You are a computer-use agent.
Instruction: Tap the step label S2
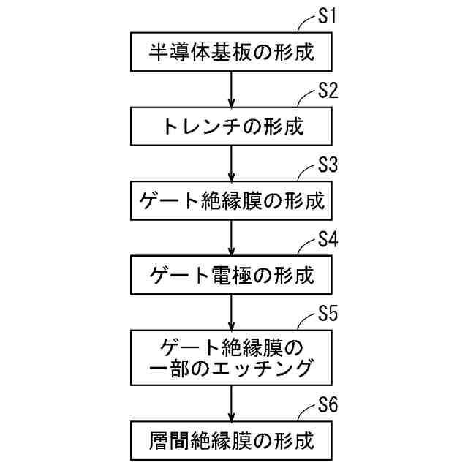pyautogui.click(x=328, y=91)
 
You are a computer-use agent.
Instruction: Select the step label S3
pyautogui.click(x=328, y=165)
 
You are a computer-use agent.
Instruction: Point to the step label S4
pyautogui.click(x=328, y=240)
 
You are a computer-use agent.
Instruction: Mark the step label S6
pyautogui.click(x=328, y=407)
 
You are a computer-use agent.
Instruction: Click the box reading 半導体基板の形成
pyautogui.click(x=232, y=51)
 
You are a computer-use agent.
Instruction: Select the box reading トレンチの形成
pyautogui.click(x=232, y=127)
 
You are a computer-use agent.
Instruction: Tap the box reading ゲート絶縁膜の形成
pyautogui.click(x=232, y=200)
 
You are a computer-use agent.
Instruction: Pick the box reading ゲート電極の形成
pyautogui.click(x=232, y=275)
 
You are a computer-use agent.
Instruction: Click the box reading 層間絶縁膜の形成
pyautogui.click(x=232, y=441)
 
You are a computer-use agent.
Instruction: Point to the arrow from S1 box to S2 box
pyautogui.click(x=232, y=88)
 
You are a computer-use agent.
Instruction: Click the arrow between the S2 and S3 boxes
pyautogui.click(x=232, y=163)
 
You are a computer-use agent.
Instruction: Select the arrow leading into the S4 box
pyautogui.click(x=232, y=238)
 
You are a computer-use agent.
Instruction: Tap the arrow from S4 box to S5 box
pyautogui.click(x=232, y=312)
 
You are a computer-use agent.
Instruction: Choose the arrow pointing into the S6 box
pyautogui.click(x=232, y=404)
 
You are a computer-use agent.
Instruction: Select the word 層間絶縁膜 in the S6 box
pyautogui.click(x=192, y=441)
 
